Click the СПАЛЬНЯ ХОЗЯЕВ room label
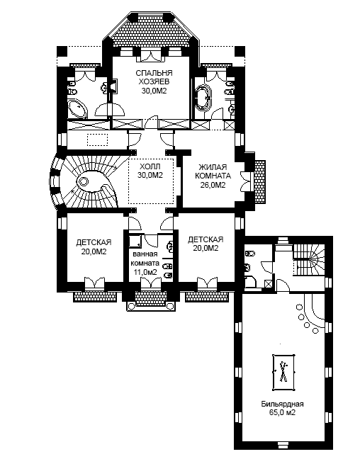[x=154, y=76]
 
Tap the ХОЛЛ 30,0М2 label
[x=150, y=171]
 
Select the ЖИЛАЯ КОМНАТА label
[x=213, y=171]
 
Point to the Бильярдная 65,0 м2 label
[x=282, y=409]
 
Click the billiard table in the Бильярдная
[x=283, y=372]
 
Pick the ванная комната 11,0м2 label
[x=145, y=263]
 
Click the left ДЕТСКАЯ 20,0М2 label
[x=94, y=246]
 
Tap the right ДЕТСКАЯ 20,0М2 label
[x=206, y=244]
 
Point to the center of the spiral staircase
[x=84, y=182]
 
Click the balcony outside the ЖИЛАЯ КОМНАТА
[x=260, y=182]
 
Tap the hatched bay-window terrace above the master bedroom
[x=151, y=33]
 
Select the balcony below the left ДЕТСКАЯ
[x=95, y=296]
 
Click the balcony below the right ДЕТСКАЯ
[x=207, y=296]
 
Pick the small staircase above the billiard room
[x=309, y=259]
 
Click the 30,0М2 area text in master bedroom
[x=154, y=91]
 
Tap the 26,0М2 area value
[x=213, y=185]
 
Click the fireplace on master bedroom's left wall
[x=113, y=86]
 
